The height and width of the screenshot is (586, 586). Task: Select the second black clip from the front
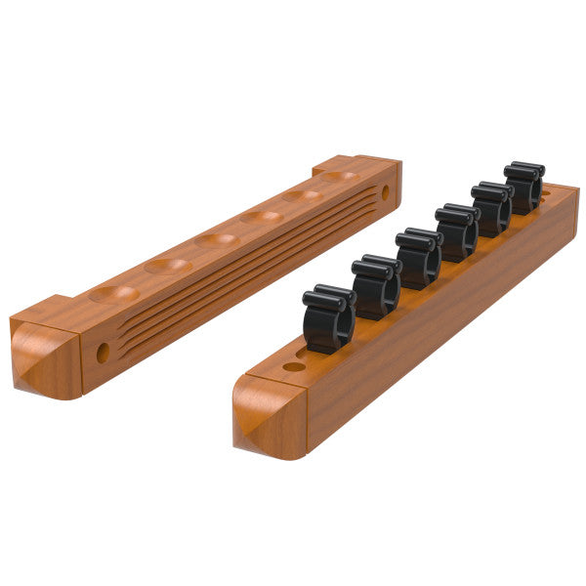click(x=376, y=287)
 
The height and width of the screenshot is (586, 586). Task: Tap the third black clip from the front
click(x=419, y=258)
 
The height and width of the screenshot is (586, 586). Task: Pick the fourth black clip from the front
click(x=457, y=231)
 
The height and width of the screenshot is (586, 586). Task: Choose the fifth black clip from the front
click(x=491, y=207)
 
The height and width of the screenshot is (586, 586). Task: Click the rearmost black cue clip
click(x=524, y=186)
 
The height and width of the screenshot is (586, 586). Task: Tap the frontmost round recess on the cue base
click(x=114, y=293)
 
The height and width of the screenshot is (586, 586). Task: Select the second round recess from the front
click(x=168, y=265)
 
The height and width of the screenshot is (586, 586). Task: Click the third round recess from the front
click(x=217, y=239)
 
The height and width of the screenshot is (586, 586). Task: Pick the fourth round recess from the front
click(x=262, y=216)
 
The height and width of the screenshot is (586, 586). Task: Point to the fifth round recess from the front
click(x=303, y=195)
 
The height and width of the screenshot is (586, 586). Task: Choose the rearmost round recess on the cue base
click(x=340, y=177)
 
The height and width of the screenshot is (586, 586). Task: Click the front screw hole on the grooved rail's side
click(x=103, y=353)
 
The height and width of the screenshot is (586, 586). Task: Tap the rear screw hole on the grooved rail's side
click(x=385, y=192)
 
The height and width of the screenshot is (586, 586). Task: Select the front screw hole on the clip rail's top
click(x=294, y=367)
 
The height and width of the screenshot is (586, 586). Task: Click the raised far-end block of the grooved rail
click(x=358, y=168)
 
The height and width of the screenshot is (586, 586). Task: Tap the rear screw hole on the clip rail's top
click(x=544, y=193)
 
